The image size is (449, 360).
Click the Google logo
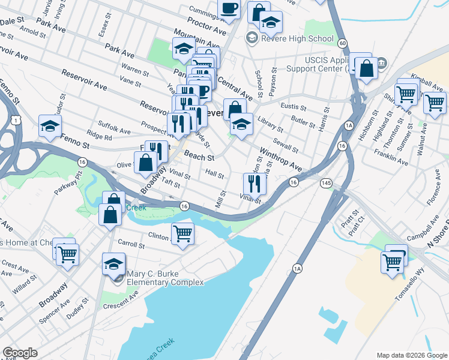20,353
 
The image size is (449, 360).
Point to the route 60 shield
342,43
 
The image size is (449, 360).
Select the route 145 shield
326,182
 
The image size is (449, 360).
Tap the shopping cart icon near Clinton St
182,233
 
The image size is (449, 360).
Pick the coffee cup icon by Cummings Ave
229,8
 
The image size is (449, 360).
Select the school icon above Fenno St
50,125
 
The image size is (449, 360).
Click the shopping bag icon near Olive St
146,161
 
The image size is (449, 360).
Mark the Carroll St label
131,245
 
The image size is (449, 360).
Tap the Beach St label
199,156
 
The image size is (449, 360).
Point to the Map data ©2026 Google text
412,355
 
